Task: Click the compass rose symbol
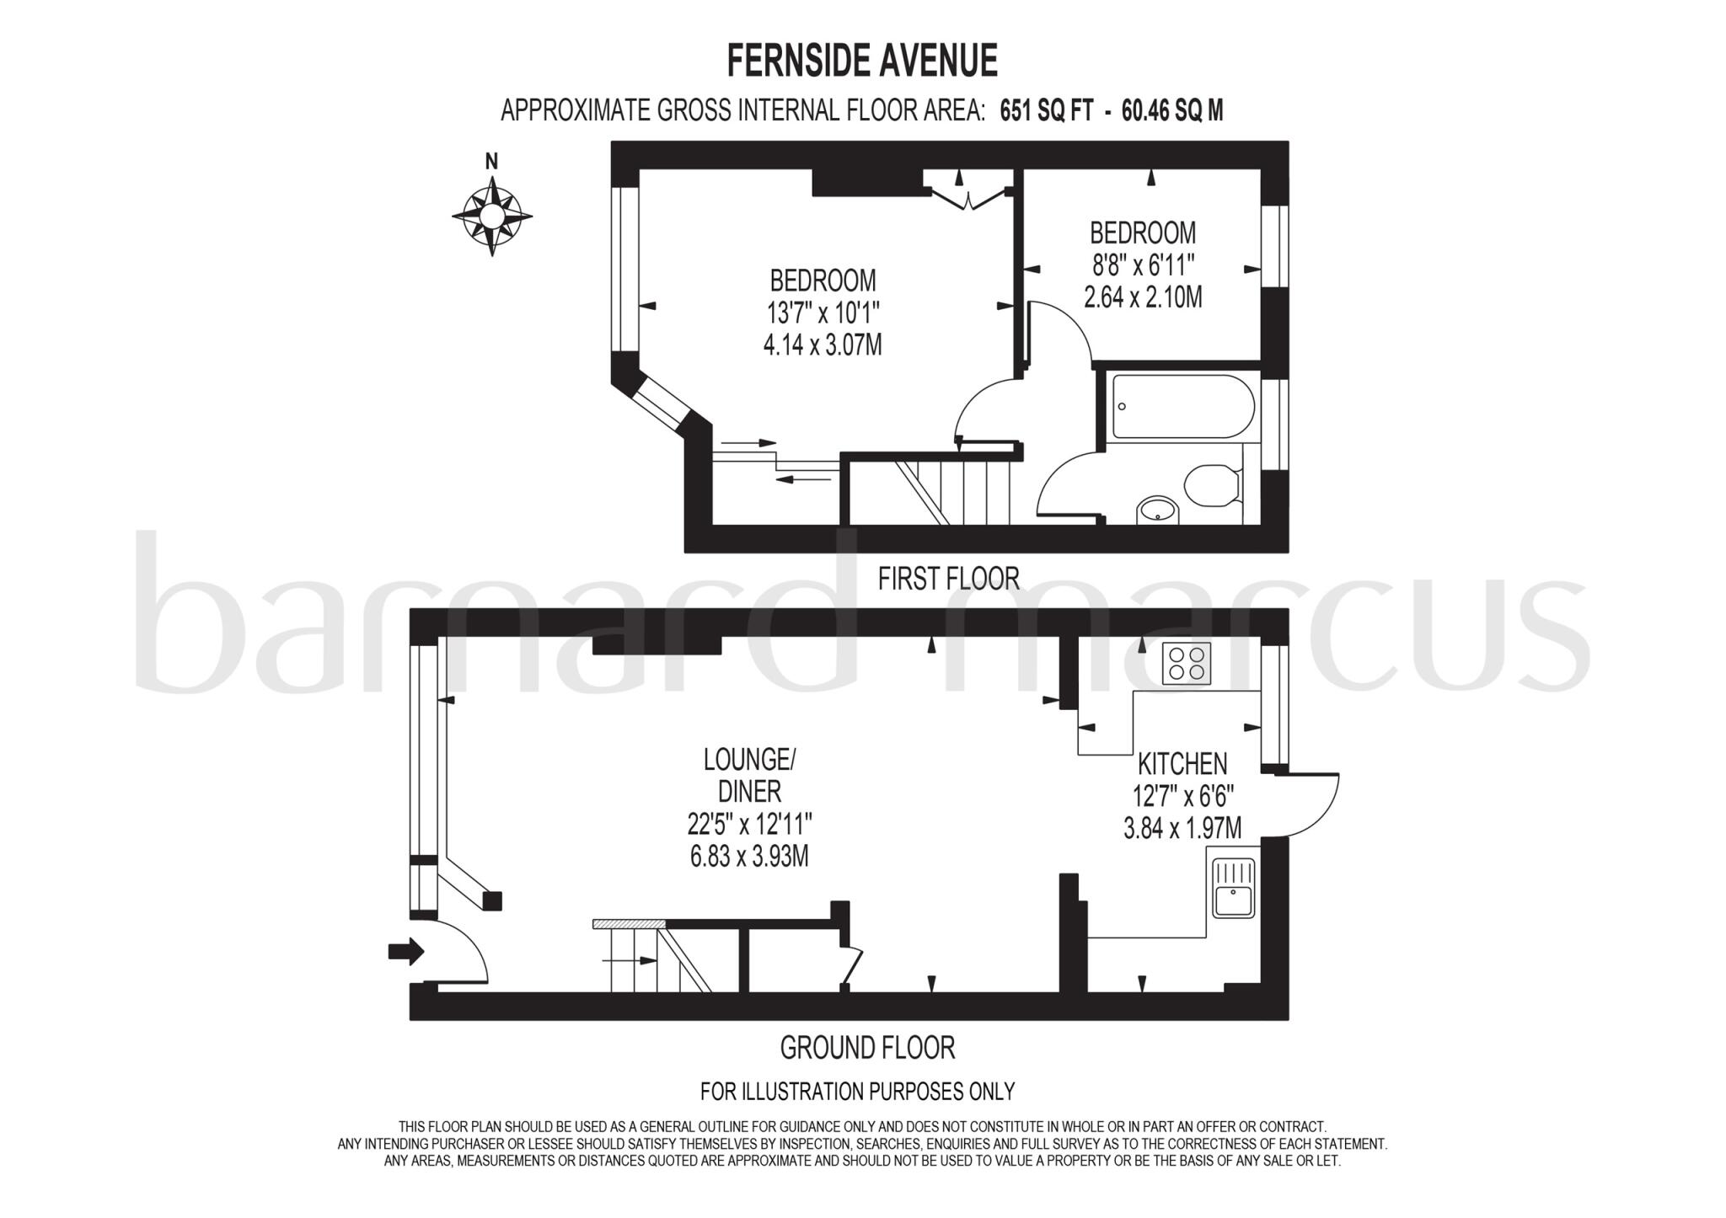pos(491,216)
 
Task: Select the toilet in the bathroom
pos(1212,486)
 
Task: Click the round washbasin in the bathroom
pos(1157,510)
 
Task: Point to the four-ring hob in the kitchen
pos(1187,663)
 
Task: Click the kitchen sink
pos(1234,888)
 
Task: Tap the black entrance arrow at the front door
pos(405,952)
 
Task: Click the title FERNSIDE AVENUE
pos(861,61)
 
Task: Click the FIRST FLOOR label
pos(948,579)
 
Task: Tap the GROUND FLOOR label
pos(867,1048)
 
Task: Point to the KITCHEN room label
pos(1182,764)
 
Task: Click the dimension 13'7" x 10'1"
pos(823,313)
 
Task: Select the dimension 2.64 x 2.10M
pos(1143,297)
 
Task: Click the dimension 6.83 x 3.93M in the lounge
pos(749,857)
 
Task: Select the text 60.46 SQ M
pos(1171,110)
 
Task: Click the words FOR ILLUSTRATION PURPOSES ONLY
pos(857,1092)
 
